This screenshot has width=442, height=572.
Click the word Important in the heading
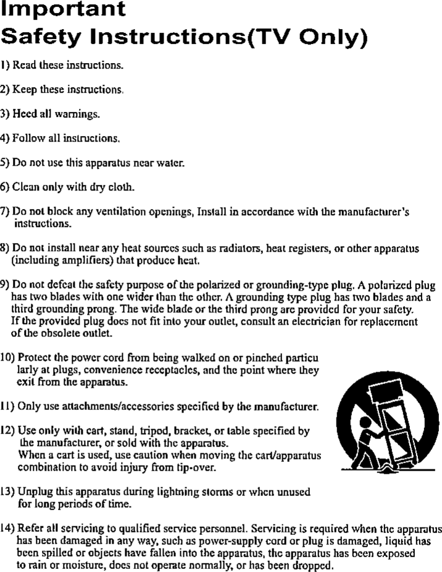[64, 10]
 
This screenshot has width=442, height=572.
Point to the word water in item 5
[170, 163]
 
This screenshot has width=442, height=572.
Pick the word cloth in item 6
[121, 187]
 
